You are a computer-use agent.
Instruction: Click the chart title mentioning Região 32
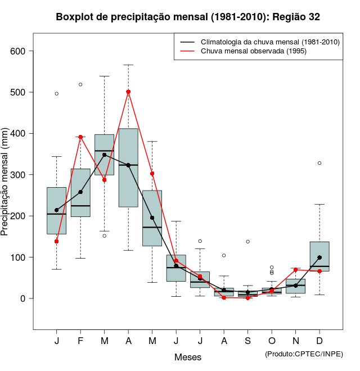[188, 17]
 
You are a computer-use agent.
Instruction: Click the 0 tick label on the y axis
[23, 298]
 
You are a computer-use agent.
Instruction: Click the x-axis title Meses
[188, 357]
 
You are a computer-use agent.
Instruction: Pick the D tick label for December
[319, 341]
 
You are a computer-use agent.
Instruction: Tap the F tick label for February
[80, 341]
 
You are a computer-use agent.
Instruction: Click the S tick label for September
[247, 341]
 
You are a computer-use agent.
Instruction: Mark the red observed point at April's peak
[128, 92]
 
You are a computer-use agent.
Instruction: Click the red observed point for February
[80, 137]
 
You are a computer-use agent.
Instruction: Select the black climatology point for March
[105, 155]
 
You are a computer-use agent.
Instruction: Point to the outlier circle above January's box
[57, 93]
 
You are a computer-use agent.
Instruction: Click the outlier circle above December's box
[319, 163]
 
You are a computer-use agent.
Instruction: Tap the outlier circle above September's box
[247, 242]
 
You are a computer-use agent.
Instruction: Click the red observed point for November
[295, 270]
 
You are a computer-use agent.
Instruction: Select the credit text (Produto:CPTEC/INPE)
[304, 354]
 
